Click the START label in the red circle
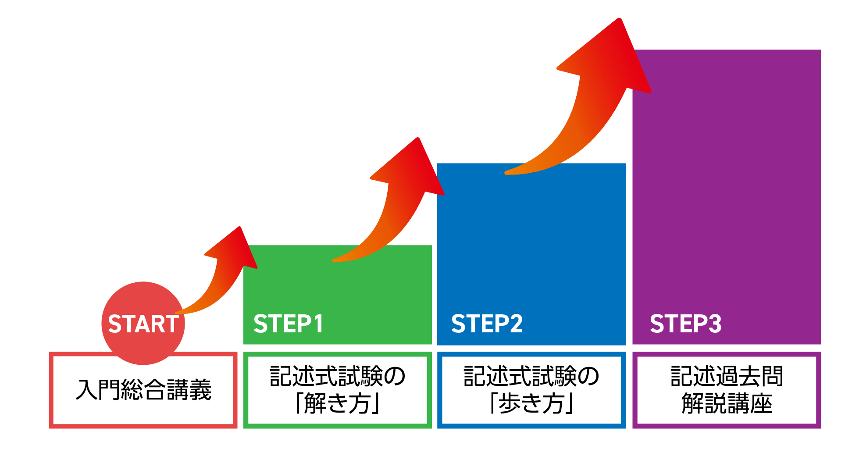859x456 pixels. click(x=143, y=324)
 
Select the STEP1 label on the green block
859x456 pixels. click(x=288, y=324)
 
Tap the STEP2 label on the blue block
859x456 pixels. click(x=487, y=324)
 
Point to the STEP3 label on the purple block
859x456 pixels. click(x=685, y=324)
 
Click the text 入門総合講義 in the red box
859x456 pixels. click(x=143, y=389)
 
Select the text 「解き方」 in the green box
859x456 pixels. click(x=337, y=403)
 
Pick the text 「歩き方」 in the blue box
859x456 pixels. click(x=531, y=403)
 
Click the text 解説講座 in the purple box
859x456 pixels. click(x=727, y=403)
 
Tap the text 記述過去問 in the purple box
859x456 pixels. click(x=727, y=376)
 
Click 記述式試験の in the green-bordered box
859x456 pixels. click(x=337, y=376)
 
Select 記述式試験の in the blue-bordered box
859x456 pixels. click(x=531, y=376)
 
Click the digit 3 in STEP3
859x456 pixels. click(x=714, y=324)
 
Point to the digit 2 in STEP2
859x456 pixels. click(x=516, y=324)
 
